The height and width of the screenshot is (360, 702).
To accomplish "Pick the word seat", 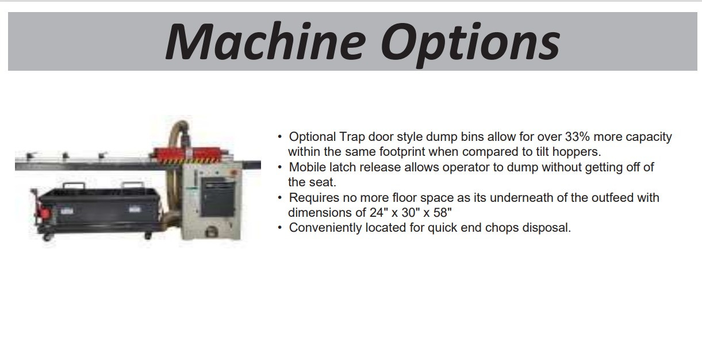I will (323, 182).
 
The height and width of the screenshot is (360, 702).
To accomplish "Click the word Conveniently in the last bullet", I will (325, 228).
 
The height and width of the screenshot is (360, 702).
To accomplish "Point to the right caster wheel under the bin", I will (148, 235).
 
